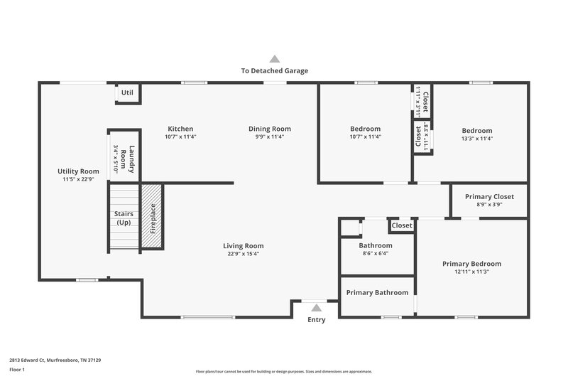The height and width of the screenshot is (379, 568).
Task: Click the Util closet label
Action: tap(127, 92)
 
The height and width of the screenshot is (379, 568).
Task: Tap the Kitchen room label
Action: tap(180, 129)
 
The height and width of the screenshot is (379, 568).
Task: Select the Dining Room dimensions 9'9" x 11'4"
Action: tap(269, 137)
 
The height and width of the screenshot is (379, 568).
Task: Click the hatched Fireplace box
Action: tap(152, 218)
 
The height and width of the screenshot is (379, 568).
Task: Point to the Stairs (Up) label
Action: tap(124, 218)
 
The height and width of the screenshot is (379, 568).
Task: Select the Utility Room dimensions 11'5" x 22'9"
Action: tap(78, 179)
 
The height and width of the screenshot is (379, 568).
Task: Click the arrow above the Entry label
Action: tap(316, 308)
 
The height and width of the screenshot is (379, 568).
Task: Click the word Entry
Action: tap(316, 320)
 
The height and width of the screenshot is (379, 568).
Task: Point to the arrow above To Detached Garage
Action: tap(274, 59)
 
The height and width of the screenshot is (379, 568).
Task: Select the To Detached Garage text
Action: tap(274, 70)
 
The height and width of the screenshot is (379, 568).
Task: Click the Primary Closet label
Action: tap(489, 196)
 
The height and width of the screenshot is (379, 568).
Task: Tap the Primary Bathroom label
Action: tap(377, 292)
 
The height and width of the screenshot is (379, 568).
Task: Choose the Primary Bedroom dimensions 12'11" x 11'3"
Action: tap(471, 272)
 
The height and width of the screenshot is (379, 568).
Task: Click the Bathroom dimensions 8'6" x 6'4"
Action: tap(376, 254)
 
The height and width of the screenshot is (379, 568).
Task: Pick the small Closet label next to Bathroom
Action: tap(401, 225)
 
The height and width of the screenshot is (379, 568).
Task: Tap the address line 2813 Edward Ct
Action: tap(55, 361)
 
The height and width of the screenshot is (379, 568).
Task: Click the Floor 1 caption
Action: tap(18, 370)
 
